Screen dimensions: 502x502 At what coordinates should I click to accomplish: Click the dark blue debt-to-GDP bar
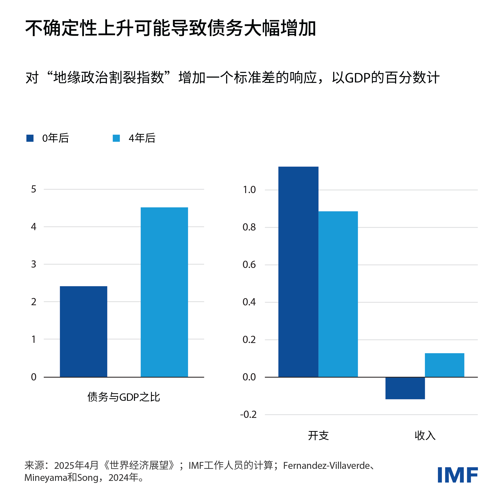[x=83, y=331]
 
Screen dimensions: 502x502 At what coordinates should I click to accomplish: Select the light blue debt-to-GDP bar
[x=164, y=292]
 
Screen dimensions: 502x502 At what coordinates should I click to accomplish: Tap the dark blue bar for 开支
[x=298, y=271]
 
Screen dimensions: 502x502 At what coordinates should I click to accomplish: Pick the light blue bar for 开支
[x=338, y=294]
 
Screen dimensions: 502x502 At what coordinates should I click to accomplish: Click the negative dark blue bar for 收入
[x=405, y=388]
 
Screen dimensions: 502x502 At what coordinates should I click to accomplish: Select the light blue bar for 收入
[x=445, y=365]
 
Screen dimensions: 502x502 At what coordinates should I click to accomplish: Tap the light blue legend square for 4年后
[x=116, y=138]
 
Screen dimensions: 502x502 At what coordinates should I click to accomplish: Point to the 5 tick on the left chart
[x=34, y=189]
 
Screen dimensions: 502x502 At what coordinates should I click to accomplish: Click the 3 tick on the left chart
[x=34, y=264]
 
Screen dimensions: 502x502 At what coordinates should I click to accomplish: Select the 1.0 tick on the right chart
[x=249, y=190]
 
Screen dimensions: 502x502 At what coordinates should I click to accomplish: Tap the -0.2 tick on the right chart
[x=248, y=414]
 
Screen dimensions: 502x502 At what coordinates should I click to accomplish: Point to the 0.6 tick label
[x=249, y=265]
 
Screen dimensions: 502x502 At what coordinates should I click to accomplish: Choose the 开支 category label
[x=318, y=435]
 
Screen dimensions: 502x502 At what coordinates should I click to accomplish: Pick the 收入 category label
[x=425, y=435]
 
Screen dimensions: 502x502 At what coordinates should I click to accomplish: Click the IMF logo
[x=458, y=475]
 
